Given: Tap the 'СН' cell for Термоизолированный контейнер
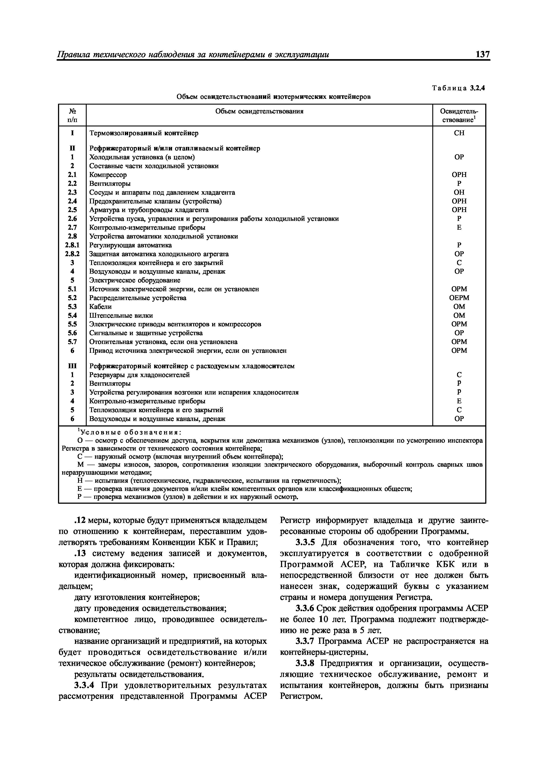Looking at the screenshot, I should coord(459,133).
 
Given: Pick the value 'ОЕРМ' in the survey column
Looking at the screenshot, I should coord(459,298).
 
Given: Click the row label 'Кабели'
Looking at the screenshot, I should coord(100,306).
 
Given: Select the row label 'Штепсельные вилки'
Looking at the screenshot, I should coord(121,315).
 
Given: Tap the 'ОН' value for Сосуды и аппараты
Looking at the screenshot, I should coord(459,192).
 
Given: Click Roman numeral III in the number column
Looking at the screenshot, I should coord(72,366).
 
